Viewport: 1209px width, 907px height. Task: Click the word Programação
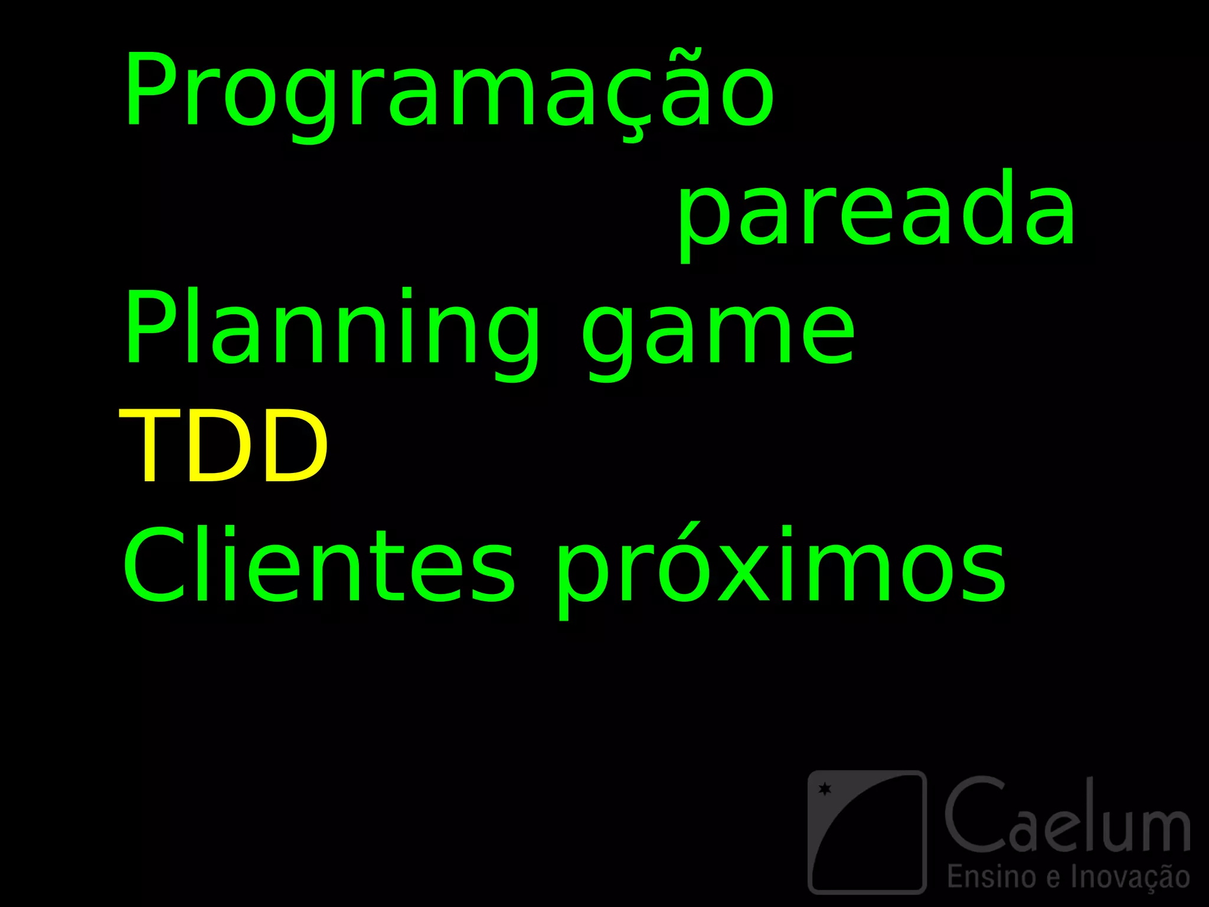(449, 92)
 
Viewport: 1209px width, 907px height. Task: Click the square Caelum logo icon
(867, 831)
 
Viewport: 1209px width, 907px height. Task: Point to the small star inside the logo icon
(825, 789)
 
